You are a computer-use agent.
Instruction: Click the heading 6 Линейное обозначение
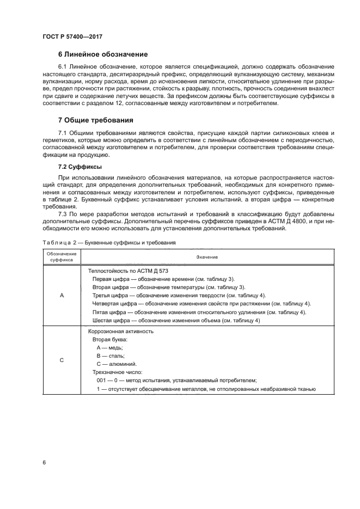pos(102,54)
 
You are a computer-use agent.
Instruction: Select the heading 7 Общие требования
pos(96,119)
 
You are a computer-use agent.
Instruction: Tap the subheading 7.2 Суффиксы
pos(80,167)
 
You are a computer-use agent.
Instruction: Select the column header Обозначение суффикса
pos(62,256)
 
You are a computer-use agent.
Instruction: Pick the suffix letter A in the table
pos(62,295)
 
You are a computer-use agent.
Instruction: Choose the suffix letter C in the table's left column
pos(62,359)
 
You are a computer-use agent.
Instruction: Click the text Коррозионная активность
pos(121,330)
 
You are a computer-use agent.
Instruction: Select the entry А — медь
pos(109,347)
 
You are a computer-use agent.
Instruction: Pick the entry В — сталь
pos(111,355)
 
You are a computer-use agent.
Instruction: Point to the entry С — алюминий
pos(116,363)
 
